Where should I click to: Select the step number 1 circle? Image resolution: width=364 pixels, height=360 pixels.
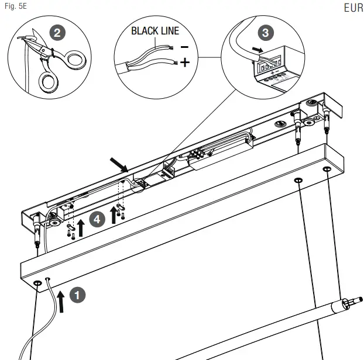tap(77, 295)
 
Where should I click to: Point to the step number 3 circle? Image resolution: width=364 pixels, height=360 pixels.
tap(266, 33)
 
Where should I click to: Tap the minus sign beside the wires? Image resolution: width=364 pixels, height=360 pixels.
tap(184, 46)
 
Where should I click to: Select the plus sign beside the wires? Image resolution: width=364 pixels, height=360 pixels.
tap(185, 62)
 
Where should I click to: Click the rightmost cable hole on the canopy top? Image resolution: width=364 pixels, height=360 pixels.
tap(327, 169)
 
